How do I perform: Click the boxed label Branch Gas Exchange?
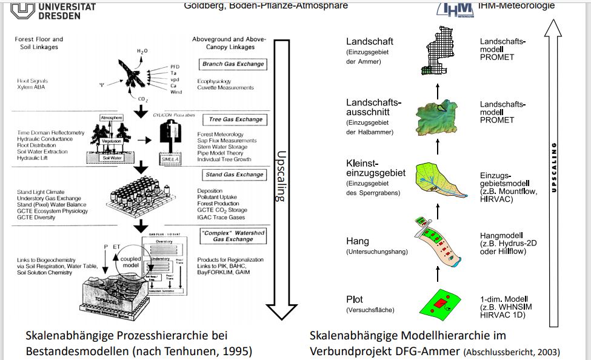pyautogui.click(x=233, y=64)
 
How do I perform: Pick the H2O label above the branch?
pyautogui.click(x=141, y=51)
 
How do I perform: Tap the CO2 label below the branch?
pyautogui.click(x=143, y=100)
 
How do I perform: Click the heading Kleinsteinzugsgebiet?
pyautogui.click(x=375, y=168)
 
